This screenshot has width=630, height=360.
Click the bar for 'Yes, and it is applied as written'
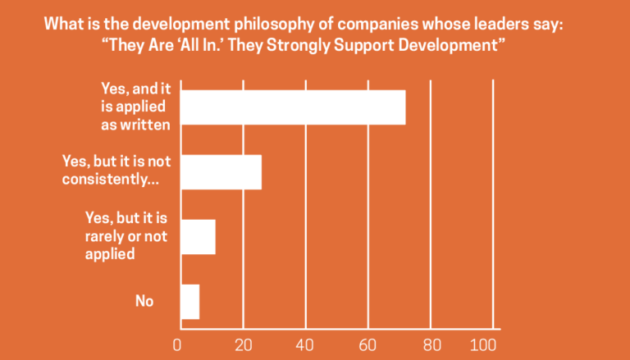(x=293, y=107)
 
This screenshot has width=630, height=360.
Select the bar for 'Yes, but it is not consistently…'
(x=220, y=172)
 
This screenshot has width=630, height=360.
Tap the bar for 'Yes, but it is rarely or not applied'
(x=197, y=237)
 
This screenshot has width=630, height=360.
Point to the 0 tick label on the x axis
(x=178, y=344)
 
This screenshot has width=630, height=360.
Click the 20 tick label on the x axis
(x=242, y=344)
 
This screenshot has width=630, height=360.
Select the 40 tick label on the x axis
(x=305, y=344)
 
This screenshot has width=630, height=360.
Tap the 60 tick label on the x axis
(x=368, y=344)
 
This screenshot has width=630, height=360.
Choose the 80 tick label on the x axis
(x=431, y=344)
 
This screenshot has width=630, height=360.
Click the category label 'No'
(x=144, y=301)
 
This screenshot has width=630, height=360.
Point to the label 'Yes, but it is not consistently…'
(x=116, y=171)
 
